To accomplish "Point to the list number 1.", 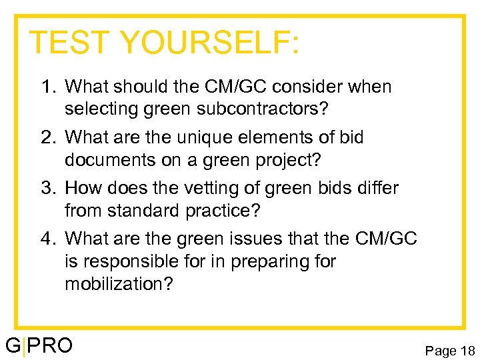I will click(x=47, y=87).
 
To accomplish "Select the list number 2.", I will click(x=47, y=137).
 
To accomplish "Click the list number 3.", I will click(x=47, y=188).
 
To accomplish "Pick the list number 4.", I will click(x=47, y=238).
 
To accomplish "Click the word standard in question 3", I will click(x=148, y=211).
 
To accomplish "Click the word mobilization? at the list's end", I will click(x=119, y=284).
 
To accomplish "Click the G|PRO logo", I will click(x=39, y=347).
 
